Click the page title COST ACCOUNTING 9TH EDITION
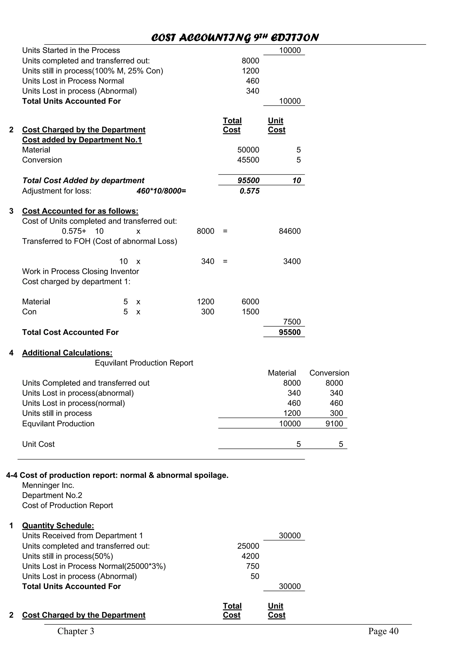235,38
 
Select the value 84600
290,231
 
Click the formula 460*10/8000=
161,191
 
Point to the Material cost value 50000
248,150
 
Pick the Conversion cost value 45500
248,160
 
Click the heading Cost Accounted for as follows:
80,211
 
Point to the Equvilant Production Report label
144,363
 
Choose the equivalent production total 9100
334,424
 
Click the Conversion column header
329,373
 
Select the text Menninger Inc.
48,485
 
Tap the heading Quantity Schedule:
58,526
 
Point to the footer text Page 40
383,631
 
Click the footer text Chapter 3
76,631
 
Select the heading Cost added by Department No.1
82,140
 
